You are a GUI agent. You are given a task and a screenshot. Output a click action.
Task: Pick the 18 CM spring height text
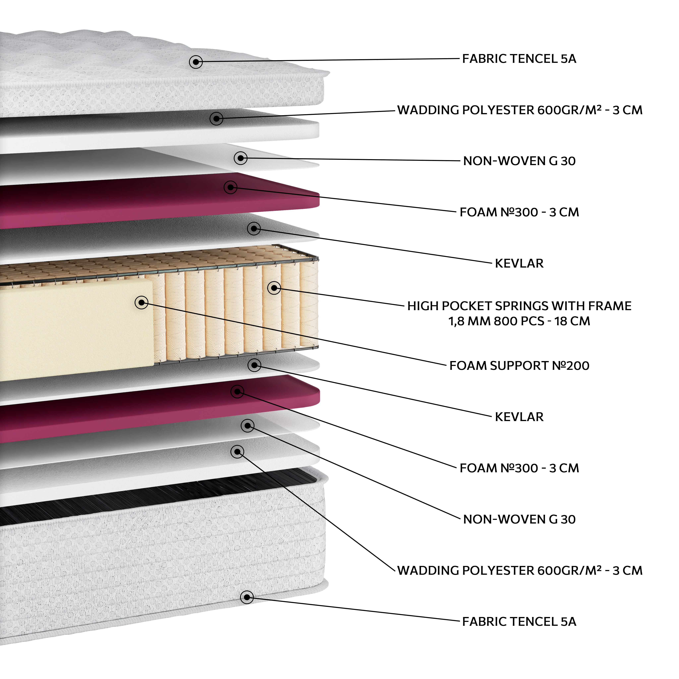(x=572, y=321)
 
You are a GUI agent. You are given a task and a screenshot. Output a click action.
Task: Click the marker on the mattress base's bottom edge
(x=247, y=597)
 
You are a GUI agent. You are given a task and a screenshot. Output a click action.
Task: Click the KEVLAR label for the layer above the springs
(x=519, y=264)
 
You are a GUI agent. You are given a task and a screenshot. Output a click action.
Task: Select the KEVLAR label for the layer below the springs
(x=519, y=417)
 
